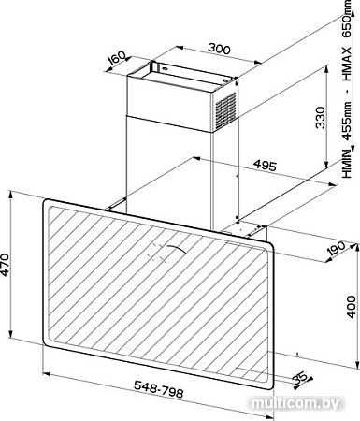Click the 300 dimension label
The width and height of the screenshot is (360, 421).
pos(219,49)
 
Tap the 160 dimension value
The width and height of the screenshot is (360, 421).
pos(116,58)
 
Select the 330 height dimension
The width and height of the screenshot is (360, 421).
pos(321,118)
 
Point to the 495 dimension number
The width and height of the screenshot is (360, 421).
pos(265,166)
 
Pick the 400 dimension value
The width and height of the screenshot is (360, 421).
pos(352,307)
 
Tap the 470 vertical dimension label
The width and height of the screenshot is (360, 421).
pos(6,265)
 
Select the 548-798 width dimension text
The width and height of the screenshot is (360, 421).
pos(158,389)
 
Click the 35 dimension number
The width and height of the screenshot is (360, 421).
pos(299,378)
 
